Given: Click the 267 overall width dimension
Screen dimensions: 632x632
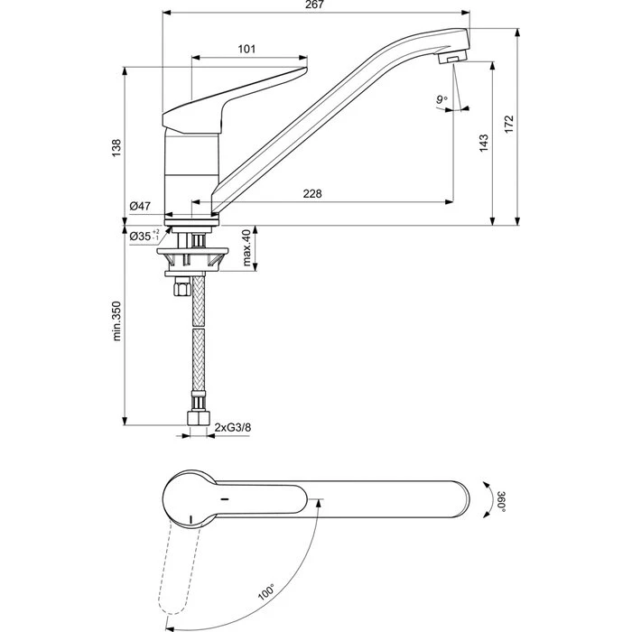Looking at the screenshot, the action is (314, 5).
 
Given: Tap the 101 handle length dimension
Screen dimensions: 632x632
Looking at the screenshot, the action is (246, 49).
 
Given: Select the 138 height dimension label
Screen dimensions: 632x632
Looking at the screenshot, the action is (116, 148).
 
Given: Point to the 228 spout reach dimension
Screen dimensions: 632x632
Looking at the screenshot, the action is (312, 194).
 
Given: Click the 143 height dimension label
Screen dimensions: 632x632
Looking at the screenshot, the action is (483, 143).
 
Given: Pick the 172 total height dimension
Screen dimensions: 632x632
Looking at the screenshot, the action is (509, 125).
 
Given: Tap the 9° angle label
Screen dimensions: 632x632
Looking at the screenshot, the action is (441, 99).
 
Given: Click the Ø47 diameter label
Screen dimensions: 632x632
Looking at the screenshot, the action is (140, 206).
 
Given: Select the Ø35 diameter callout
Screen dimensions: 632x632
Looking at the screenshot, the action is (144, 236).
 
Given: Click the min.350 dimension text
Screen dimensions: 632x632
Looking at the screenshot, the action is (116, 321).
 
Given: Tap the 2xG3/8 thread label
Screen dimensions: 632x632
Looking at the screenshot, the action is (233, 427).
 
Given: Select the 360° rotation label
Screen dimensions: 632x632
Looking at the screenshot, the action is (501, 501).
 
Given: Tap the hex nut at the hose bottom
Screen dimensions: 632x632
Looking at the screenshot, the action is (198, 418).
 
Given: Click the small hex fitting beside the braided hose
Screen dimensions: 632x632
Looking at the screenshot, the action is (182, 288).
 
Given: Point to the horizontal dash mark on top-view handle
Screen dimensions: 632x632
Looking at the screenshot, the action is (225, 499).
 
